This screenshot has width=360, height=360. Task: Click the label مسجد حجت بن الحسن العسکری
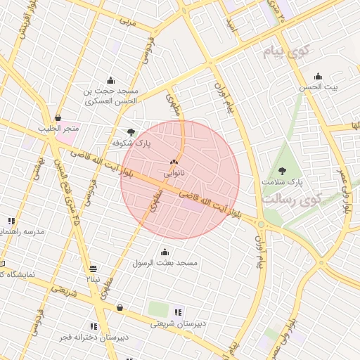click(112, 96)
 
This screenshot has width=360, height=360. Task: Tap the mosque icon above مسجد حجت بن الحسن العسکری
click(110, 79)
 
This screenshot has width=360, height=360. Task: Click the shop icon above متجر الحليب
click(58, 117)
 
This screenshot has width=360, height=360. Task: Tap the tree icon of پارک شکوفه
click(131, 131)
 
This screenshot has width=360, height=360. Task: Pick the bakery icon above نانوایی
click(174, 162)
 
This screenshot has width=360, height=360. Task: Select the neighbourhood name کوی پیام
click(286, 51)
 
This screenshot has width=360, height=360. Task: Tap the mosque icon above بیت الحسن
click(318, 77)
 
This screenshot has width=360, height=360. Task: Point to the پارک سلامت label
click(281, 182)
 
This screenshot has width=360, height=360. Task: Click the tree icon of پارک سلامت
click(283, 170)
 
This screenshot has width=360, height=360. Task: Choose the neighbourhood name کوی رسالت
click(291, 199)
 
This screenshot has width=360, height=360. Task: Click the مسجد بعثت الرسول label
click(166, 263)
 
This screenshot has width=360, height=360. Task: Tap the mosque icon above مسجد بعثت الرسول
click(165, 252)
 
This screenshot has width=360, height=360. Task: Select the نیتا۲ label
click(93, 279)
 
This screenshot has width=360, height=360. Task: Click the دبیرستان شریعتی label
click(179, 324)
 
